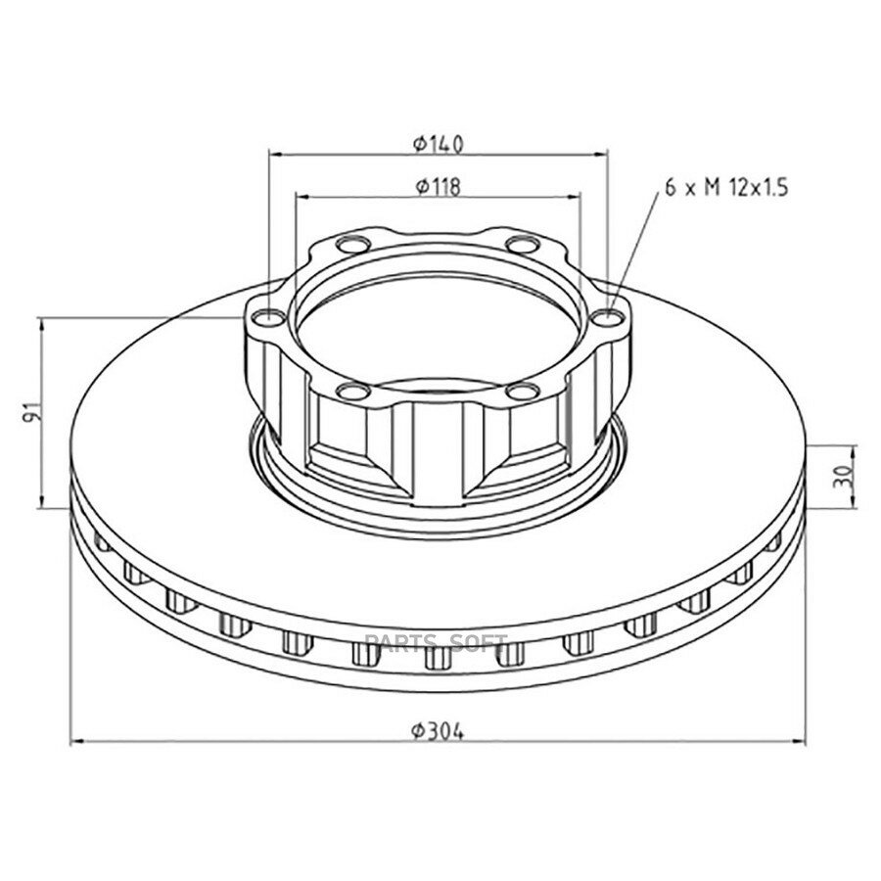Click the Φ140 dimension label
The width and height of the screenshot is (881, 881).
pos(439,145)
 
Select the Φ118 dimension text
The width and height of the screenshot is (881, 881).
pos(439,186)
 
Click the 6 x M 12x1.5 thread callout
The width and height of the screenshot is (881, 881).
pos(727,187)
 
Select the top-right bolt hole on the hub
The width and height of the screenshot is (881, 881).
pos(523,245)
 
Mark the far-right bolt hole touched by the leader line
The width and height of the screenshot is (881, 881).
pos(608,318)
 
